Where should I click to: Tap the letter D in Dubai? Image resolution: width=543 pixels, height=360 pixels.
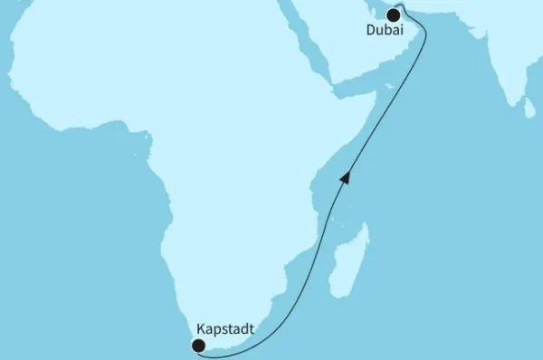pos(371,31)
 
